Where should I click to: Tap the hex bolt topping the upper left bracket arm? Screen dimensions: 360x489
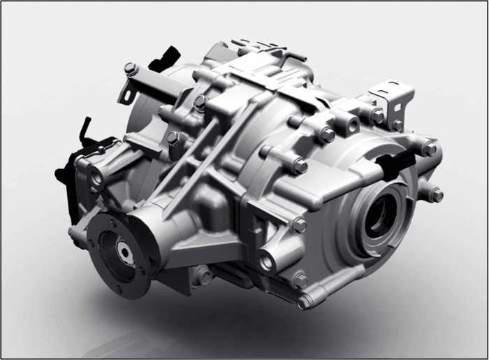click(129, 69)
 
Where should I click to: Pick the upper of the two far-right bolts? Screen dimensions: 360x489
click(429, 149)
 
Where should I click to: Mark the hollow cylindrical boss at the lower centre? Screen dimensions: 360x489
click(269, 262)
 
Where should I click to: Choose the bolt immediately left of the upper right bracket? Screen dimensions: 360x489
click(377, 116)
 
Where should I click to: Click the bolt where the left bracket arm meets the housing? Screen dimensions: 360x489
click(199, 103)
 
